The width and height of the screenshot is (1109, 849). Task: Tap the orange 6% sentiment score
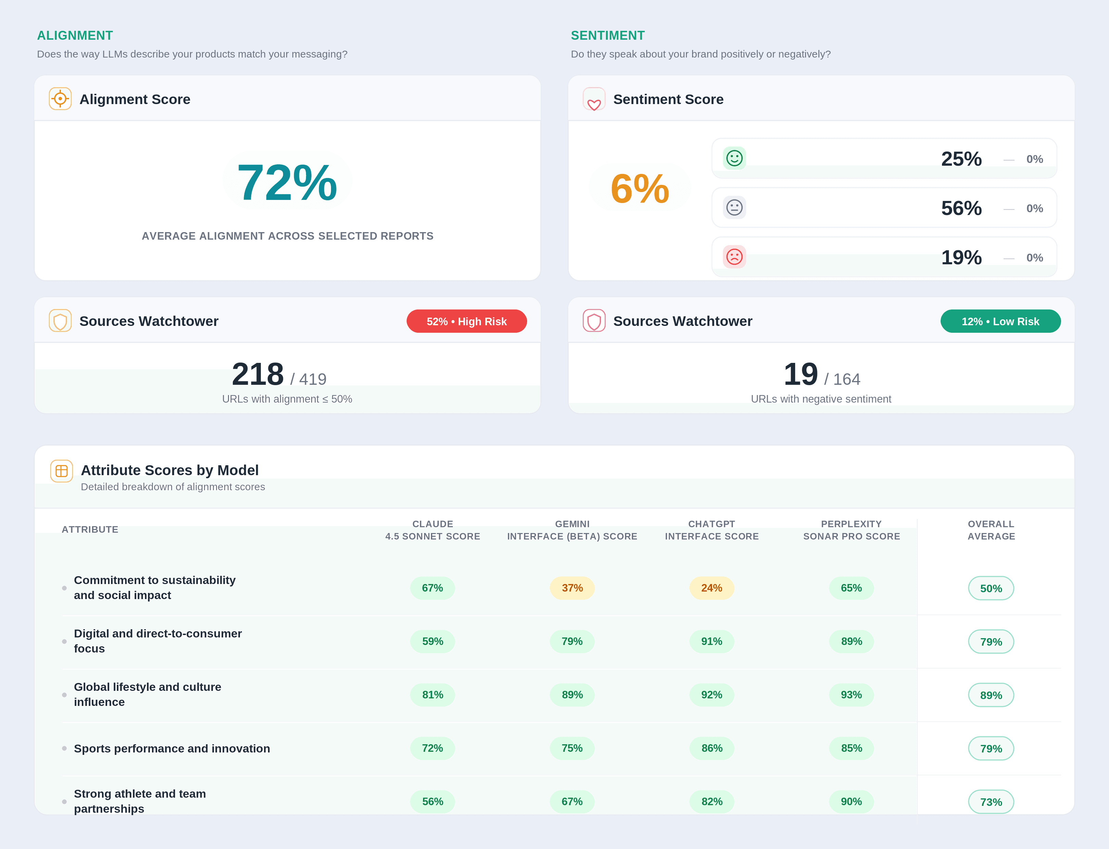coord(640,189)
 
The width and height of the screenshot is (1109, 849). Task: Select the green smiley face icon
coord(734,158)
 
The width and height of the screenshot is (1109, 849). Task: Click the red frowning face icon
coord(734,257)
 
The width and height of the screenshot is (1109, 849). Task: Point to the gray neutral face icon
coord(734,207)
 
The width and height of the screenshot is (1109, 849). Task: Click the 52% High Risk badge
coord(466,321)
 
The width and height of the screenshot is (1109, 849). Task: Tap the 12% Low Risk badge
coord(1000,321)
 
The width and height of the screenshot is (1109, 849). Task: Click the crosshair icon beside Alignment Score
coord(60,99)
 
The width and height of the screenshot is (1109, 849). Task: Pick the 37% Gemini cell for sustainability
coord(572,588)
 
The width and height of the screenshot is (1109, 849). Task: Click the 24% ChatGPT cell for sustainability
coord(711,588)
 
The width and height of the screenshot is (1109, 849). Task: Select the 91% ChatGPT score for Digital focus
coord(711,641)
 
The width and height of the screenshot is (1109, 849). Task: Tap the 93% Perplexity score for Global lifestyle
coord(851,695)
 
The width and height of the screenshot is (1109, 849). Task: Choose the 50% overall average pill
coord(991,588)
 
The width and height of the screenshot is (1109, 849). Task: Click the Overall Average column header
coord(991,530)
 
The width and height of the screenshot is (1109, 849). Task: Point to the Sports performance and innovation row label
coord(172,748)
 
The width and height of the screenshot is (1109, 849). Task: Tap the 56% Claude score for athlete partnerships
coord(433,801)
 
